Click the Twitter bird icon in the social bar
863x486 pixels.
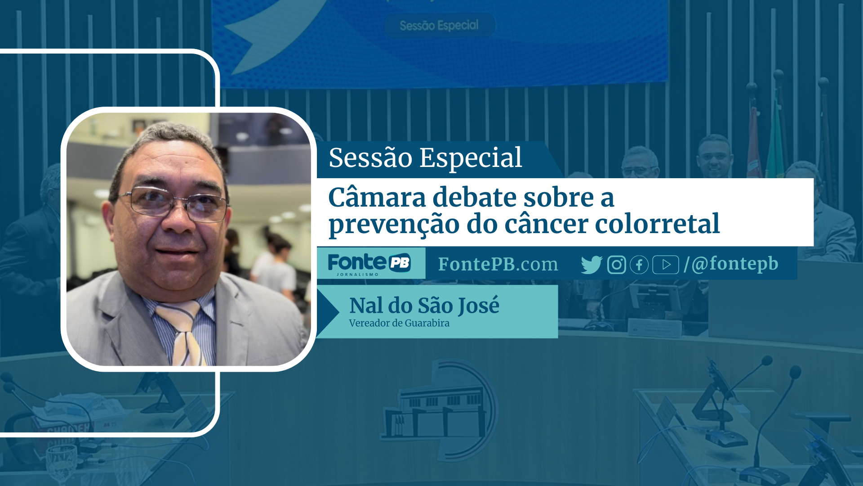(592, 265)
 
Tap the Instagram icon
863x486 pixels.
(616, 265)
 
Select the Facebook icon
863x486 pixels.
(639, 265)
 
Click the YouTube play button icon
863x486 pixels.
(666, 265)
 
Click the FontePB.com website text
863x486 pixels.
(498, 265)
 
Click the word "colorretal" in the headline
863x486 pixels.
(657, 224)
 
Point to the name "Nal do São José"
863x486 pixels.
(424, 306)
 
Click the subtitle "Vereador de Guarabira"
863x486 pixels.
(399, 323)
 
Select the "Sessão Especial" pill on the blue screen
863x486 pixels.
(439, 25)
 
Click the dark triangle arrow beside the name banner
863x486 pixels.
(328, 311)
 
